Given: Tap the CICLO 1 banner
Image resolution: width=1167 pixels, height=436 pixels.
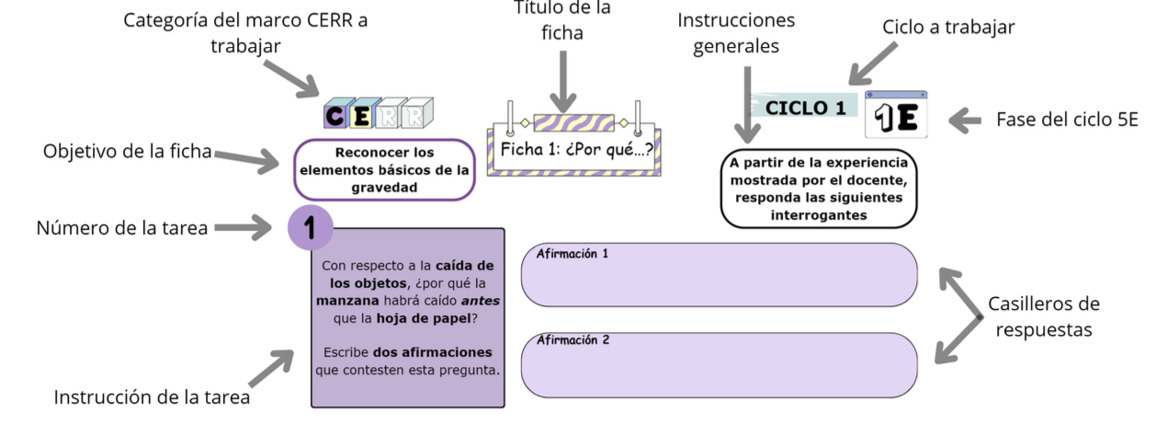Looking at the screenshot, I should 805,107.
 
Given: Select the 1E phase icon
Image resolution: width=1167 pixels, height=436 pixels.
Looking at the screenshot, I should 896,116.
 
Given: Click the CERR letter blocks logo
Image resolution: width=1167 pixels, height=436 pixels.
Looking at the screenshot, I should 378,114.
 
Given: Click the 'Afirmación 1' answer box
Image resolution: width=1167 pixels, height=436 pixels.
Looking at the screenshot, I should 719,274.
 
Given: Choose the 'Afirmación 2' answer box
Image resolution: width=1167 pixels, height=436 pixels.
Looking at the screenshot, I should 719,364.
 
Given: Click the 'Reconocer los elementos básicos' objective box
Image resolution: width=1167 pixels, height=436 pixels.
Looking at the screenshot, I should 384,169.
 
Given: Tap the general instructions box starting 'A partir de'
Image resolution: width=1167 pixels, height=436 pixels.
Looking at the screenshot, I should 818,188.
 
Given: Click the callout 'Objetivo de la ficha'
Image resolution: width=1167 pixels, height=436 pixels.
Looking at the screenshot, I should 127,151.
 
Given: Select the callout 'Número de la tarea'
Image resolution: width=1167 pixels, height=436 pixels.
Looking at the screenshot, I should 121,228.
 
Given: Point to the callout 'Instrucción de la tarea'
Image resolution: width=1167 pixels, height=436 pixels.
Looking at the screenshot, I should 152,397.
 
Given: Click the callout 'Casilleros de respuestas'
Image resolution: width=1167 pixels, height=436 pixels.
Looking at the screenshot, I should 1043,316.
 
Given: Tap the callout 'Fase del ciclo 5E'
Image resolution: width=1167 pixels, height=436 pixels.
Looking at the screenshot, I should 1067,120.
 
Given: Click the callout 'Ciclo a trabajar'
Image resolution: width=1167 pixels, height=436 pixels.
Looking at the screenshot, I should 948,28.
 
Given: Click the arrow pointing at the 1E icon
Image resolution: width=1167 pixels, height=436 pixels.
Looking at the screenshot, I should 966,120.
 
